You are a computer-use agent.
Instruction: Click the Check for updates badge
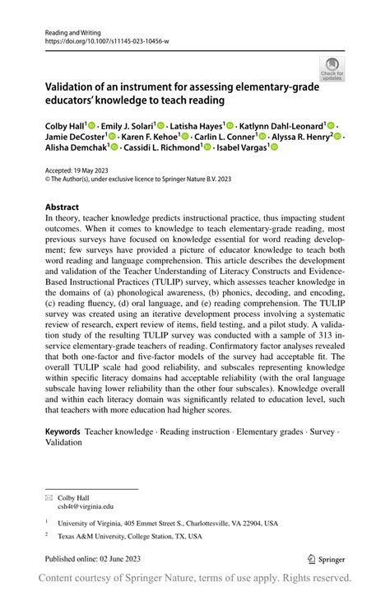point(332,69)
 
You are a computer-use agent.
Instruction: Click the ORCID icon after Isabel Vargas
point(275,148)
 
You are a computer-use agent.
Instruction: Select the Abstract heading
point(63,207)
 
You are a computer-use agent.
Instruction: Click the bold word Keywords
point(63,431)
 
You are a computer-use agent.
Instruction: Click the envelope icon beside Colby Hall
point(49,498)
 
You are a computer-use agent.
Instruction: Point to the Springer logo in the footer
point(324,559)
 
